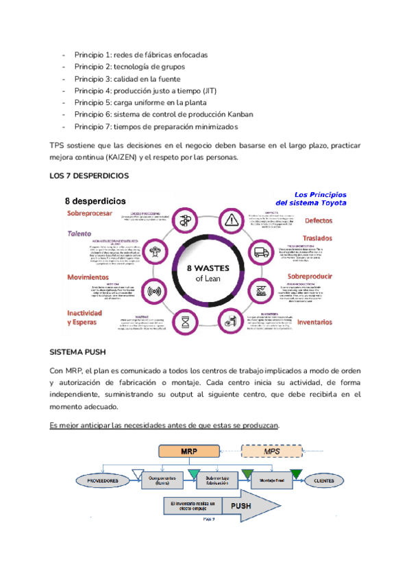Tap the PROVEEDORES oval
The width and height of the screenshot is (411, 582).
(103, 481)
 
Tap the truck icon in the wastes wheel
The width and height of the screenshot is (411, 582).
(261, 252)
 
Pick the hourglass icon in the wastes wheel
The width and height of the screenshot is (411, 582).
(185, 320)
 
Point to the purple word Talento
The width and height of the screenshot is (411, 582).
(79, 233)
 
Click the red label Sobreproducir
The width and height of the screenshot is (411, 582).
(310, 277)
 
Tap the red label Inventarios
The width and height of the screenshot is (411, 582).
(315, 321)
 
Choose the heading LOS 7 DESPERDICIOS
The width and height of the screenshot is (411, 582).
(89, 176)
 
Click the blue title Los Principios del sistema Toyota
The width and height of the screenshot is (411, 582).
(311, 198)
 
